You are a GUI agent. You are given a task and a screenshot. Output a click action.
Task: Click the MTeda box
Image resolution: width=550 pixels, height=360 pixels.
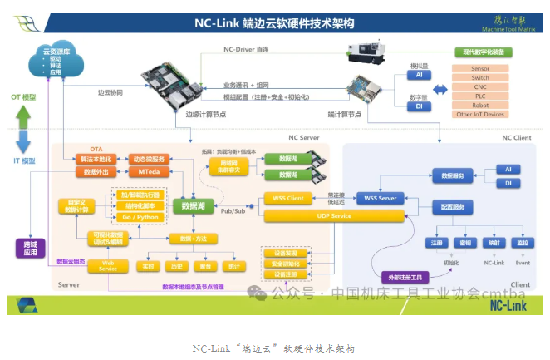[x=150, y=172]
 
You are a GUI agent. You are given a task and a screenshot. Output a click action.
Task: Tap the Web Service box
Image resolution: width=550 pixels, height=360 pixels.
[x=108, y=265]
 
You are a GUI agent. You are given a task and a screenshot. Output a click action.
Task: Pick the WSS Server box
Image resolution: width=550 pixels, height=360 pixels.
[x=381, y=199]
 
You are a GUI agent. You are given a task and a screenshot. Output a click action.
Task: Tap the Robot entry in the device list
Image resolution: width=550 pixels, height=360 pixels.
[x=479, y=106]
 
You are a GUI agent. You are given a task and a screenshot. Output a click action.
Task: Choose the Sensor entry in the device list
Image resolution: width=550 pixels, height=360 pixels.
[x=479, y=69]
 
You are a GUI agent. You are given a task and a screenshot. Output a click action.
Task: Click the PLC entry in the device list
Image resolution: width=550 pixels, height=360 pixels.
[x=479, y=97]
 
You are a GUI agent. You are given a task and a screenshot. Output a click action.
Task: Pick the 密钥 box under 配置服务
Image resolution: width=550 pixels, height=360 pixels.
[x=465, y=244]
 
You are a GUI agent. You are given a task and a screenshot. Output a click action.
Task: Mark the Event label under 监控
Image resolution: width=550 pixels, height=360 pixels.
[x=522, y=262]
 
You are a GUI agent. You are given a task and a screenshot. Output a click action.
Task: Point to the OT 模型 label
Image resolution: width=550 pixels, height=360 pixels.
[x=22, y=97]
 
